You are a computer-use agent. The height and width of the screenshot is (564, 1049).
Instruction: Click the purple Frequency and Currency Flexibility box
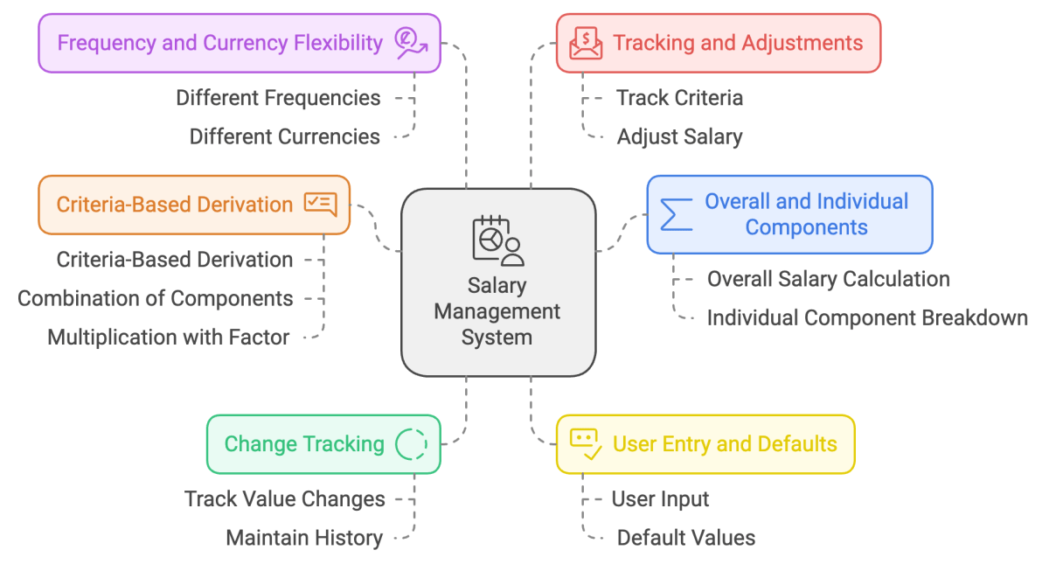point(239,43)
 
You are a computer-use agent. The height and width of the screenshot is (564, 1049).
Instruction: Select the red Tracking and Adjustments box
point(718,43)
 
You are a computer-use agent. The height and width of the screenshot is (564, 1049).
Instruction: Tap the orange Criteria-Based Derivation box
point(193,205)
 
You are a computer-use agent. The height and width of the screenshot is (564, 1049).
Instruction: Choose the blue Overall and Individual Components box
point(789,214)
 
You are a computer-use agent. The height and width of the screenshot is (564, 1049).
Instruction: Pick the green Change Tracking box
point(323,444)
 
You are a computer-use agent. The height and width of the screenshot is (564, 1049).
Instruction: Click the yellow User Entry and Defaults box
point(705,444)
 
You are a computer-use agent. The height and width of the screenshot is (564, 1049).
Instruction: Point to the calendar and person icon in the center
point(497,240)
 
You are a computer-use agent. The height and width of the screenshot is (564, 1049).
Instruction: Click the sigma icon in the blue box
point(676,215)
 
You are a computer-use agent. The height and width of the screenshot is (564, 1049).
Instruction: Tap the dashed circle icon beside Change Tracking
point(411,444)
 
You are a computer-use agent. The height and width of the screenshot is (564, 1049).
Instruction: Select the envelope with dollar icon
point(586,43)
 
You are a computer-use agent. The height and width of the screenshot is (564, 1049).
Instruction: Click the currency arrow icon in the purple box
point(411,43)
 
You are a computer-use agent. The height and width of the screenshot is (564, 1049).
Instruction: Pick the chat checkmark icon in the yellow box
point(585,444)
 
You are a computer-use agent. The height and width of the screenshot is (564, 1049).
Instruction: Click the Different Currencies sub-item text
point(285,136)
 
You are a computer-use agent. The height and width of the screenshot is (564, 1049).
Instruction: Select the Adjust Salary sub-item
point(679,136)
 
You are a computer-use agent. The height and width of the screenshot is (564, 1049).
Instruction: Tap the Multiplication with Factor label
point(169,338)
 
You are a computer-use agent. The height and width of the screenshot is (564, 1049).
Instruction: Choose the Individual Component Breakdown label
point(867,317)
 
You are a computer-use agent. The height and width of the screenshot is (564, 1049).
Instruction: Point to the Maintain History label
point(304,538)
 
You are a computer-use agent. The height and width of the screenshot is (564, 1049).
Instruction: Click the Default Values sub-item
point(686,538)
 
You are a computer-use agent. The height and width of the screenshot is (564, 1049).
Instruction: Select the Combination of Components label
point(156,298)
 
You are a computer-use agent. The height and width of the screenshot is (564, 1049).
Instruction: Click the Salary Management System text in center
point(497,311)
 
